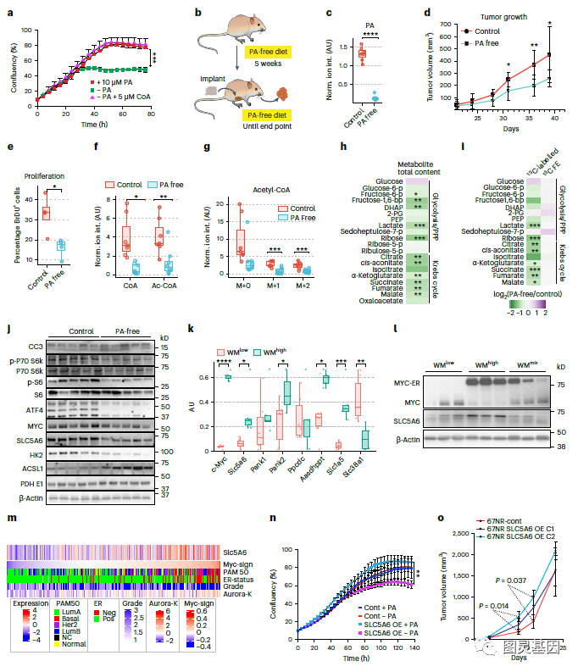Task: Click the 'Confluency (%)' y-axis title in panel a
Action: pyautogui.click(x=12, y=66)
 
